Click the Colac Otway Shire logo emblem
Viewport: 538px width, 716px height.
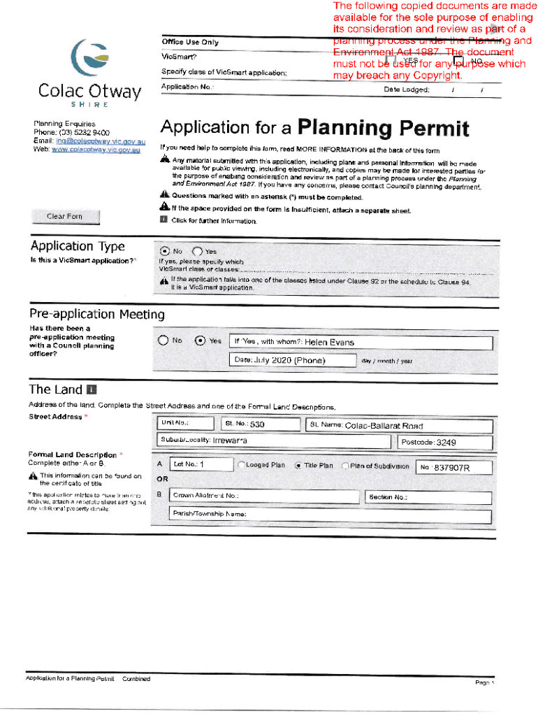pos(89,59)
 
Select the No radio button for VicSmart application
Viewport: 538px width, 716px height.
pos(164,252)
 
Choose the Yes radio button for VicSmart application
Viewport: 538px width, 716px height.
pos(197,252)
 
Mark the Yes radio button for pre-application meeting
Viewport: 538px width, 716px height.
pos(200,341)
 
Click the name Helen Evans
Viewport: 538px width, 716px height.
pos(330,343)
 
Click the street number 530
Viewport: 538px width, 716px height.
pos(257,425)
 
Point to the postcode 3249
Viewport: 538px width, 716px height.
pos(446,443)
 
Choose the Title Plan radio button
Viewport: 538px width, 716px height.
pos(298,466)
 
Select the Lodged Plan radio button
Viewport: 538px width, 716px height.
pos(241,466)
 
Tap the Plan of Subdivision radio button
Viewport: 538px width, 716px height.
pos(345,466)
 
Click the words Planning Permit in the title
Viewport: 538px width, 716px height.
pos(383,129)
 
